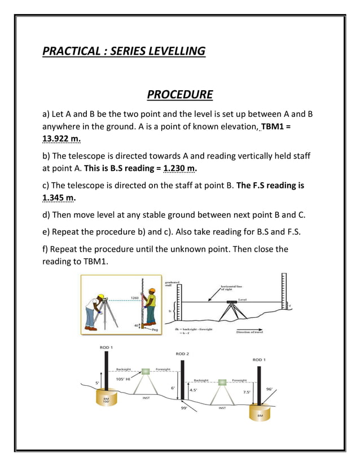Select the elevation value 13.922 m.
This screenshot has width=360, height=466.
click(x=61, y=138)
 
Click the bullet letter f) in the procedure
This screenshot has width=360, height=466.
click(x=47, y=249)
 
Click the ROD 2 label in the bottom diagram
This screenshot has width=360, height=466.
click(x=182, y=354)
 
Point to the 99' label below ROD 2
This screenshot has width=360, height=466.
click(x=184, y=408)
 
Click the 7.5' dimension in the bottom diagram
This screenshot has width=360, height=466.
click(x=247, y=392)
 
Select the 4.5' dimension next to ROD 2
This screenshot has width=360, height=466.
click(x=192, y=390)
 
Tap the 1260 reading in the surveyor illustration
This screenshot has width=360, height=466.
click(x=135, y=297)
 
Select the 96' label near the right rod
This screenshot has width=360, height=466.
click(x=269, y=389)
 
